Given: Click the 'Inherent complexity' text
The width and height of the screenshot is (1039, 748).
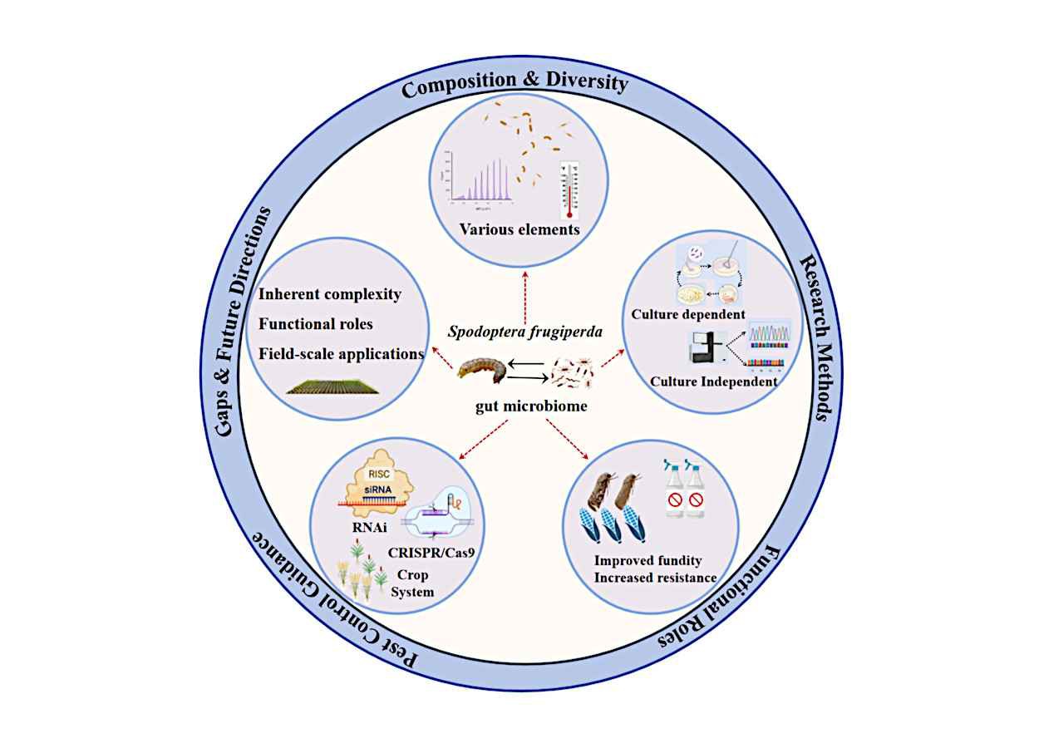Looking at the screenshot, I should [330, 294].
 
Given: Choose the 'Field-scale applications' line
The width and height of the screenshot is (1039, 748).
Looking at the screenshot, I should [341, 353].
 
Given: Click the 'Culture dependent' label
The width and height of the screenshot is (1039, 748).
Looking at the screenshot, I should [687, 314].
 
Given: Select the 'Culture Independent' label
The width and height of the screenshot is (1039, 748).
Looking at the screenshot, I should [714, 381].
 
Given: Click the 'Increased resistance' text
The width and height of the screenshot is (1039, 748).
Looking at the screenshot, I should [655, 577].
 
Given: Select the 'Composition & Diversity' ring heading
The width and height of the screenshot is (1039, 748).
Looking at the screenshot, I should [515, 85].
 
